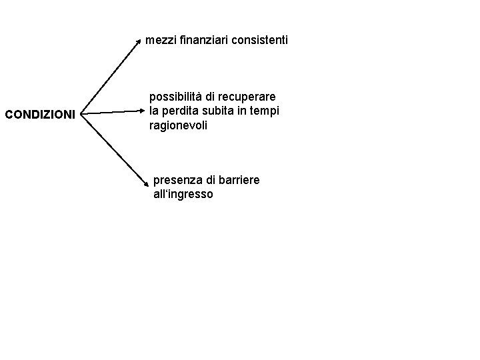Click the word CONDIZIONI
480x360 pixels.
(x=40, y=115)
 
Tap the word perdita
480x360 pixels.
(x=179, y=111)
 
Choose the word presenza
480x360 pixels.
(x=176, y=181)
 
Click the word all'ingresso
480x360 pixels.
(x=183, y=195)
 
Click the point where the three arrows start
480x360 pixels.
(x=82, y=115)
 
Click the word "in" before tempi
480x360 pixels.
(x=241, y=111)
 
